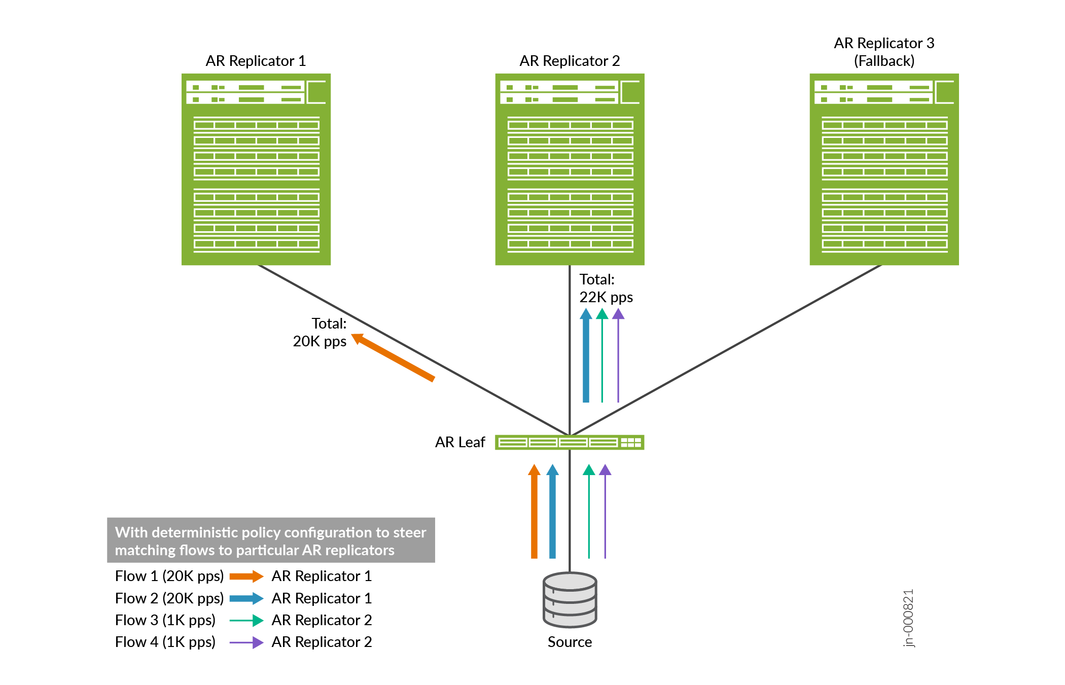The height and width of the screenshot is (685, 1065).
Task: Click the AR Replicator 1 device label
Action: tap(256, 61)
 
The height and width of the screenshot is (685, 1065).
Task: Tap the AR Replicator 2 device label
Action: tap(570, 61)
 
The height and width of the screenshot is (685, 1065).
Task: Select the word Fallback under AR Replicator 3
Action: tap(884, 61)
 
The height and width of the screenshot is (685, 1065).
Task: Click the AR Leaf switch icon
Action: tap(570, 442)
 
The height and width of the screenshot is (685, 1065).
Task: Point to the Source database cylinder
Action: tap(570, 600)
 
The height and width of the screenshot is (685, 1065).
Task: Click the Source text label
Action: tap(570, 642)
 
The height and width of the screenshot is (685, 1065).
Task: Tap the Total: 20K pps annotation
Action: tap(321, 332)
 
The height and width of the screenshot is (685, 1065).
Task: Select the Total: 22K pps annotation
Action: tap(606, 288)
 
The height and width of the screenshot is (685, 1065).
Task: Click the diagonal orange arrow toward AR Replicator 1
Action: tap(394, 357)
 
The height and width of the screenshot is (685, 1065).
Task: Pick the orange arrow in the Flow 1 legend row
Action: tap(246, 576)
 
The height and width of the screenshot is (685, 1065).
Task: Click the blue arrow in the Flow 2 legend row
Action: tap(246, 598)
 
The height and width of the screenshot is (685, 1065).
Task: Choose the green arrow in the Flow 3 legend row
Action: tap(246, 620)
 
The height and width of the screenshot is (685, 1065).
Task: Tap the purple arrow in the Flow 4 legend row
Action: tap(246, 642)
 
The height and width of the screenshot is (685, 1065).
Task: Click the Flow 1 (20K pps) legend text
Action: tap(169, 576)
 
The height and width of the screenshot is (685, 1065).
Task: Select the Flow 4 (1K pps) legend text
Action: tap(165, 642)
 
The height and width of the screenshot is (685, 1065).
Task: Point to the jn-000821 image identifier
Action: tap(908, 618)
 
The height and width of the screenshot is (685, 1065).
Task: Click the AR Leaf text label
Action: tap(460, 442)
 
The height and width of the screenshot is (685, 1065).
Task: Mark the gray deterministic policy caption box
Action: tap(271, 540)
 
